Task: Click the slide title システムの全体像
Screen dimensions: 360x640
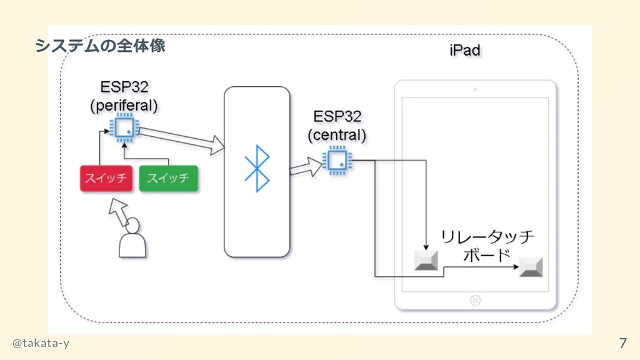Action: point(100,46)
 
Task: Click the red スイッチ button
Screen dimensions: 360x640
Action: point(106,178)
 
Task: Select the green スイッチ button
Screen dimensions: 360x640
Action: point(167,178)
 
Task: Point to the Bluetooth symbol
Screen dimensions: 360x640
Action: point(257,169)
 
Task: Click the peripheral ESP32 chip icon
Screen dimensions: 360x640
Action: point(124,128)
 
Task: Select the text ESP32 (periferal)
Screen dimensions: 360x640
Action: point(124,94)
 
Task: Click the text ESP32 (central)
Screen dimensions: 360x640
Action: point(337,126)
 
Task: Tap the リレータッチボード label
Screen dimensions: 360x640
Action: point(487,246)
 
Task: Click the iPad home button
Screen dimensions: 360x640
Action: point(475,301)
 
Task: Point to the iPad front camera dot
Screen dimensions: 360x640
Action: point(475,90)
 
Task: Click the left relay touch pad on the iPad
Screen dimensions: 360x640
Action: point(427,260)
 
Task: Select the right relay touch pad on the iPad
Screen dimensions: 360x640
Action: point(531,267)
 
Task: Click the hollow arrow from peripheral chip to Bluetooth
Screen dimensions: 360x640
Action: point(181,139)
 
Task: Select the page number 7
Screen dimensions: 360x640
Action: point(622,342)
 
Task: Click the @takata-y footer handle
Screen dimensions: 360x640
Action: point(42,342)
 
